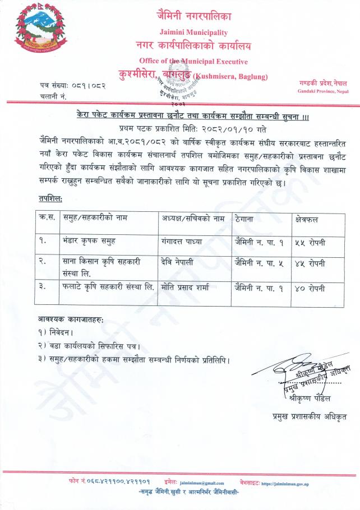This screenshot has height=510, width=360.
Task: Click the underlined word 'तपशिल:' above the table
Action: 51,199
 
